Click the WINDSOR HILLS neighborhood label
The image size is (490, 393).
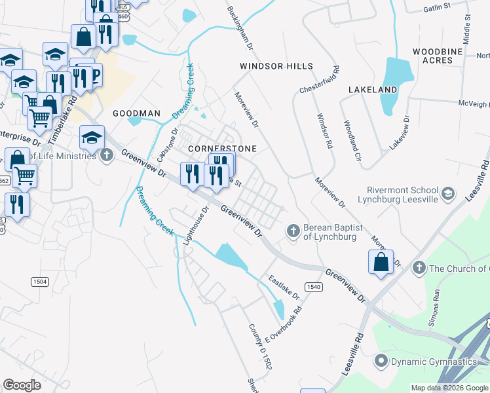pos(276,66)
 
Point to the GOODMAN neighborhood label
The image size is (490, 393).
pos(136,113)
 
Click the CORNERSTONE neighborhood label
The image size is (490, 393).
pos(221,149)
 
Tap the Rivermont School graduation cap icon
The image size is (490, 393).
pos(447,193)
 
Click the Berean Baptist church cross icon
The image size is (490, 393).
pos(293,230)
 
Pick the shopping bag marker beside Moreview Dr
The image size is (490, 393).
pos(381,263)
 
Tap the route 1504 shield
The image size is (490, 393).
pos(39,281)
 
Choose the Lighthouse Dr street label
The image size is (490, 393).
pos(195,227)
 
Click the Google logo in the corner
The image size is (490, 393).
pos(22,385)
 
